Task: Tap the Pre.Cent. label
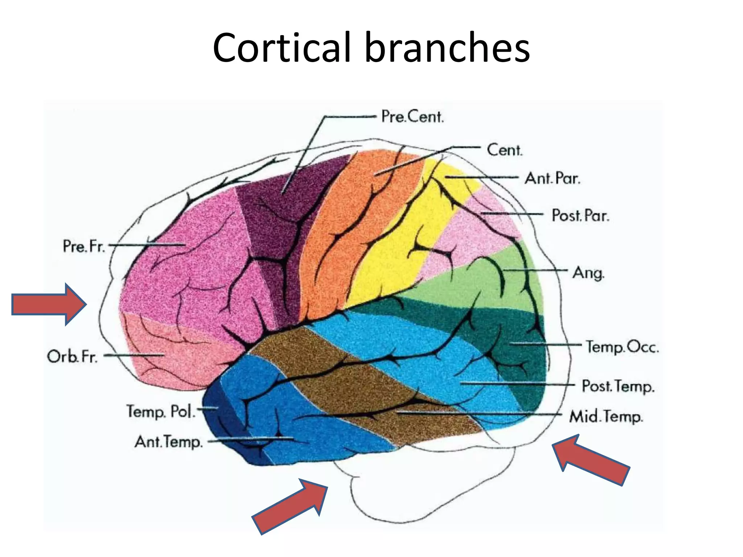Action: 412,117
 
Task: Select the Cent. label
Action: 504,150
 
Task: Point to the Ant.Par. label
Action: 552,178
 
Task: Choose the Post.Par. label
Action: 580,215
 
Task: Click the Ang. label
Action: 588,273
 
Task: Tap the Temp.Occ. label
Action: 622,347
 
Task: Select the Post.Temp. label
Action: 618,386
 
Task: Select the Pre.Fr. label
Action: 84,246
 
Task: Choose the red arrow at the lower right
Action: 591,460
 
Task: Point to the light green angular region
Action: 472,286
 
